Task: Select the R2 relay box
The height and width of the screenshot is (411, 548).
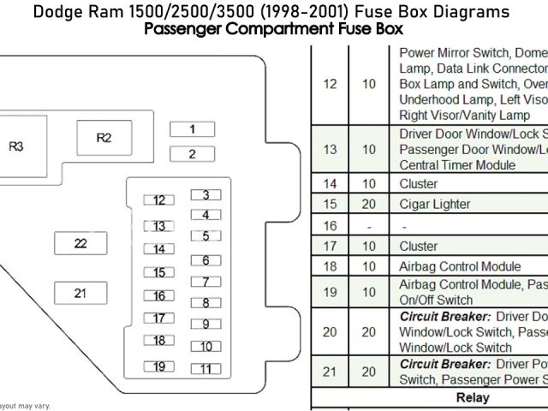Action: [104, 137]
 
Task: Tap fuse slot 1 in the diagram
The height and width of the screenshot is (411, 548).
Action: [192, 129]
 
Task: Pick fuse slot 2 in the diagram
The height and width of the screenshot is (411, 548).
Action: [192, 154]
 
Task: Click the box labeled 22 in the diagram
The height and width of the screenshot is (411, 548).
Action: [80, 243]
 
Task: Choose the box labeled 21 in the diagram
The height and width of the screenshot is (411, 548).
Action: [80, 293]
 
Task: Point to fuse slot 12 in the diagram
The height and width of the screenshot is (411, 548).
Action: [158, 200]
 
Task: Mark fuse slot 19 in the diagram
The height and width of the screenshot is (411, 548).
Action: [158, 366]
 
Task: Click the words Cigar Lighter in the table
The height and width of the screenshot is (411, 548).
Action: [434, 205]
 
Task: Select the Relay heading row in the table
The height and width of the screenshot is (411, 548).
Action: [472, 398]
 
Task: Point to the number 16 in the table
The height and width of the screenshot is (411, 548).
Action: [330, 226]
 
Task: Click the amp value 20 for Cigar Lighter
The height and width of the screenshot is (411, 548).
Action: [369, 205]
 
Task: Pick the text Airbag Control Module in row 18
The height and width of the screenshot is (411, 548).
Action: [459, 266]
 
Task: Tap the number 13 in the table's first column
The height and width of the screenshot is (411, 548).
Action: [330, 149]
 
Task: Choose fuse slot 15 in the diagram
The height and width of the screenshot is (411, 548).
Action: [158, 273]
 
